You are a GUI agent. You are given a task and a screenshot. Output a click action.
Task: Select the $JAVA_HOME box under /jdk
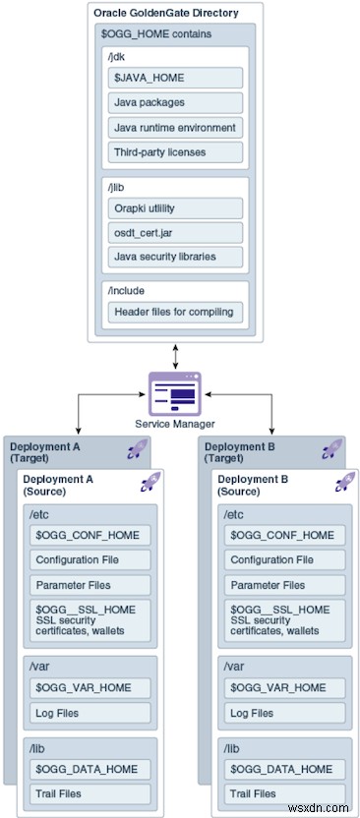[175, 78]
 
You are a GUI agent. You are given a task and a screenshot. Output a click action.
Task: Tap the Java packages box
[175, 102]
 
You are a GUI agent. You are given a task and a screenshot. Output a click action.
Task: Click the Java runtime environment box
[175, 127]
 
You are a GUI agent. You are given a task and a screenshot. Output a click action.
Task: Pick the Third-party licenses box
[175, 151]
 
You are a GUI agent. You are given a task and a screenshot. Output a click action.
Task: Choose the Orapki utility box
[175, 207]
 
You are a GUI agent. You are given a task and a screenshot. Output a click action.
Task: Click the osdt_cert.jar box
[175, 232]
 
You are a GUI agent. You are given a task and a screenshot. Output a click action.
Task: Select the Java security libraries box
[175, 257]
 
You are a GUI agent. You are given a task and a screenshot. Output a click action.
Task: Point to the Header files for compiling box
[175, 312]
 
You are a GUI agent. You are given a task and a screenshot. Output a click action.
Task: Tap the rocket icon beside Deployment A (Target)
[137, 450]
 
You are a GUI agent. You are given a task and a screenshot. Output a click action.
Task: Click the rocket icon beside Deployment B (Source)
[344, 482]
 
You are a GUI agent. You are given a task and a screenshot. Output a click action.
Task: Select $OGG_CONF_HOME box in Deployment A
[91, 535]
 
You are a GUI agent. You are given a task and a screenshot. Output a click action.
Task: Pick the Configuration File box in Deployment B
[286, 559]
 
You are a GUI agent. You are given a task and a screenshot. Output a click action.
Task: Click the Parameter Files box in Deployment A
[91, 584]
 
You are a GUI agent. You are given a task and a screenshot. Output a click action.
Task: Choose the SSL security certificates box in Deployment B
[286, 615]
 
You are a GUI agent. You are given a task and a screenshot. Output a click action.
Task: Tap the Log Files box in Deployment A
[91, 713]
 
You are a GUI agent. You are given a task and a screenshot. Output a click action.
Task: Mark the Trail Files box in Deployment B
[286, 793]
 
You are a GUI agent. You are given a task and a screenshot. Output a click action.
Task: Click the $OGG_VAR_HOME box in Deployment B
[286, 688]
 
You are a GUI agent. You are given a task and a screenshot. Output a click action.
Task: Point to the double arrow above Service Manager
[173, 356]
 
